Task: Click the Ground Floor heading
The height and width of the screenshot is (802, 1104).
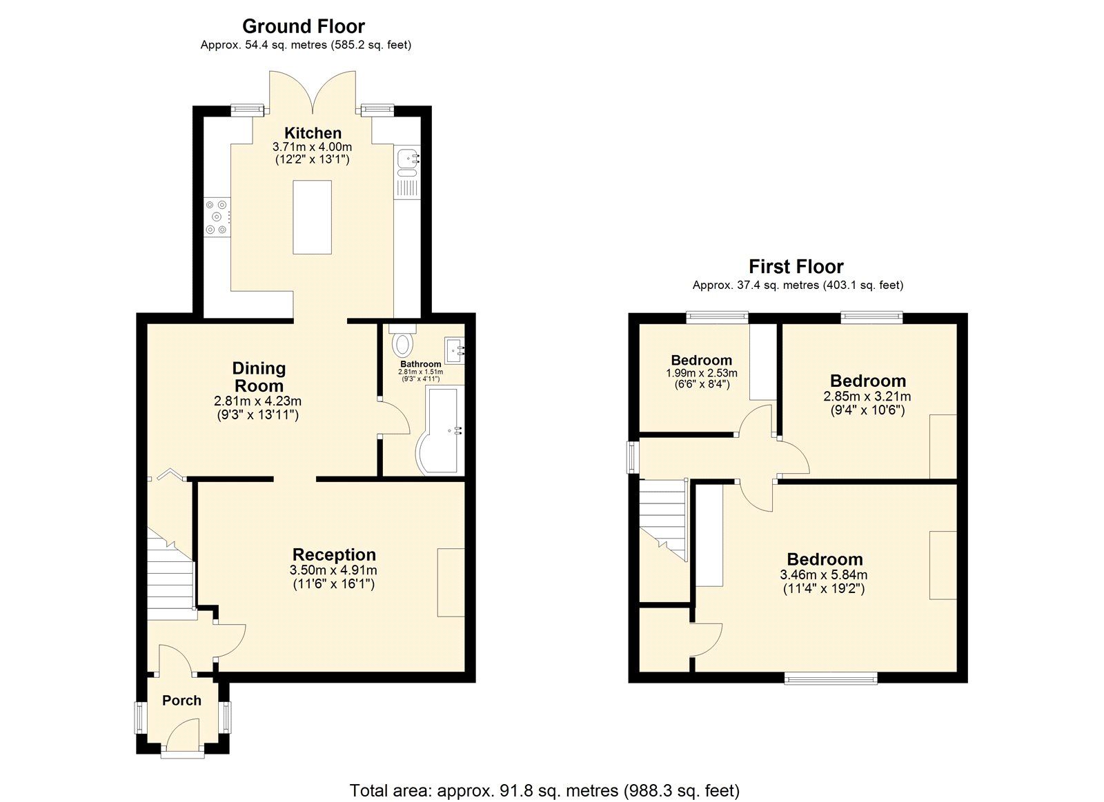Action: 303,26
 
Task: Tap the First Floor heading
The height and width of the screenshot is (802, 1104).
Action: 796,266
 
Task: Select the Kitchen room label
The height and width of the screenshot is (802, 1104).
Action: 313,133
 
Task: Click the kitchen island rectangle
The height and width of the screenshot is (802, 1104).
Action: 312,217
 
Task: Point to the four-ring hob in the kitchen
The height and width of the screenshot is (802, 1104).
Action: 217,217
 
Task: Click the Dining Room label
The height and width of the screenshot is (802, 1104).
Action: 258,377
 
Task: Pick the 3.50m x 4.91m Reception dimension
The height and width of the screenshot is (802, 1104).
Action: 334,570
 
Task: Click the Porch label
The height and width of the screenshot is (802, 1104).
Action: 181,701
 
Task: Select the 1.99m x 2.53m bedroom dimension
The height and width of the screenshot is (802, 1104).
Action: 701,373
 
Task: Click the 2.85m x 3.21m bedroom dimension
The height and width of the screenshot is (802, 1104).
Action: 867,397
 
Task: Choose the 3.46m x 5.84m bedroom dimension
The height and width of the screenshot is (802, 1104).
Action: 824,574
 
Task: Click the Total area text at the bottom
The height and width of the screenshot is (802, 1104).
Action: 544,790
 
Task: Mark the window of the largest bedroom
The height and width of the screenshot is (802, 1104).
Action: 831,679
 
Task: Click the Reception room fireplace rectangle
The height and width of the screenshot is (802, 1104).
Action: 451,582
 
